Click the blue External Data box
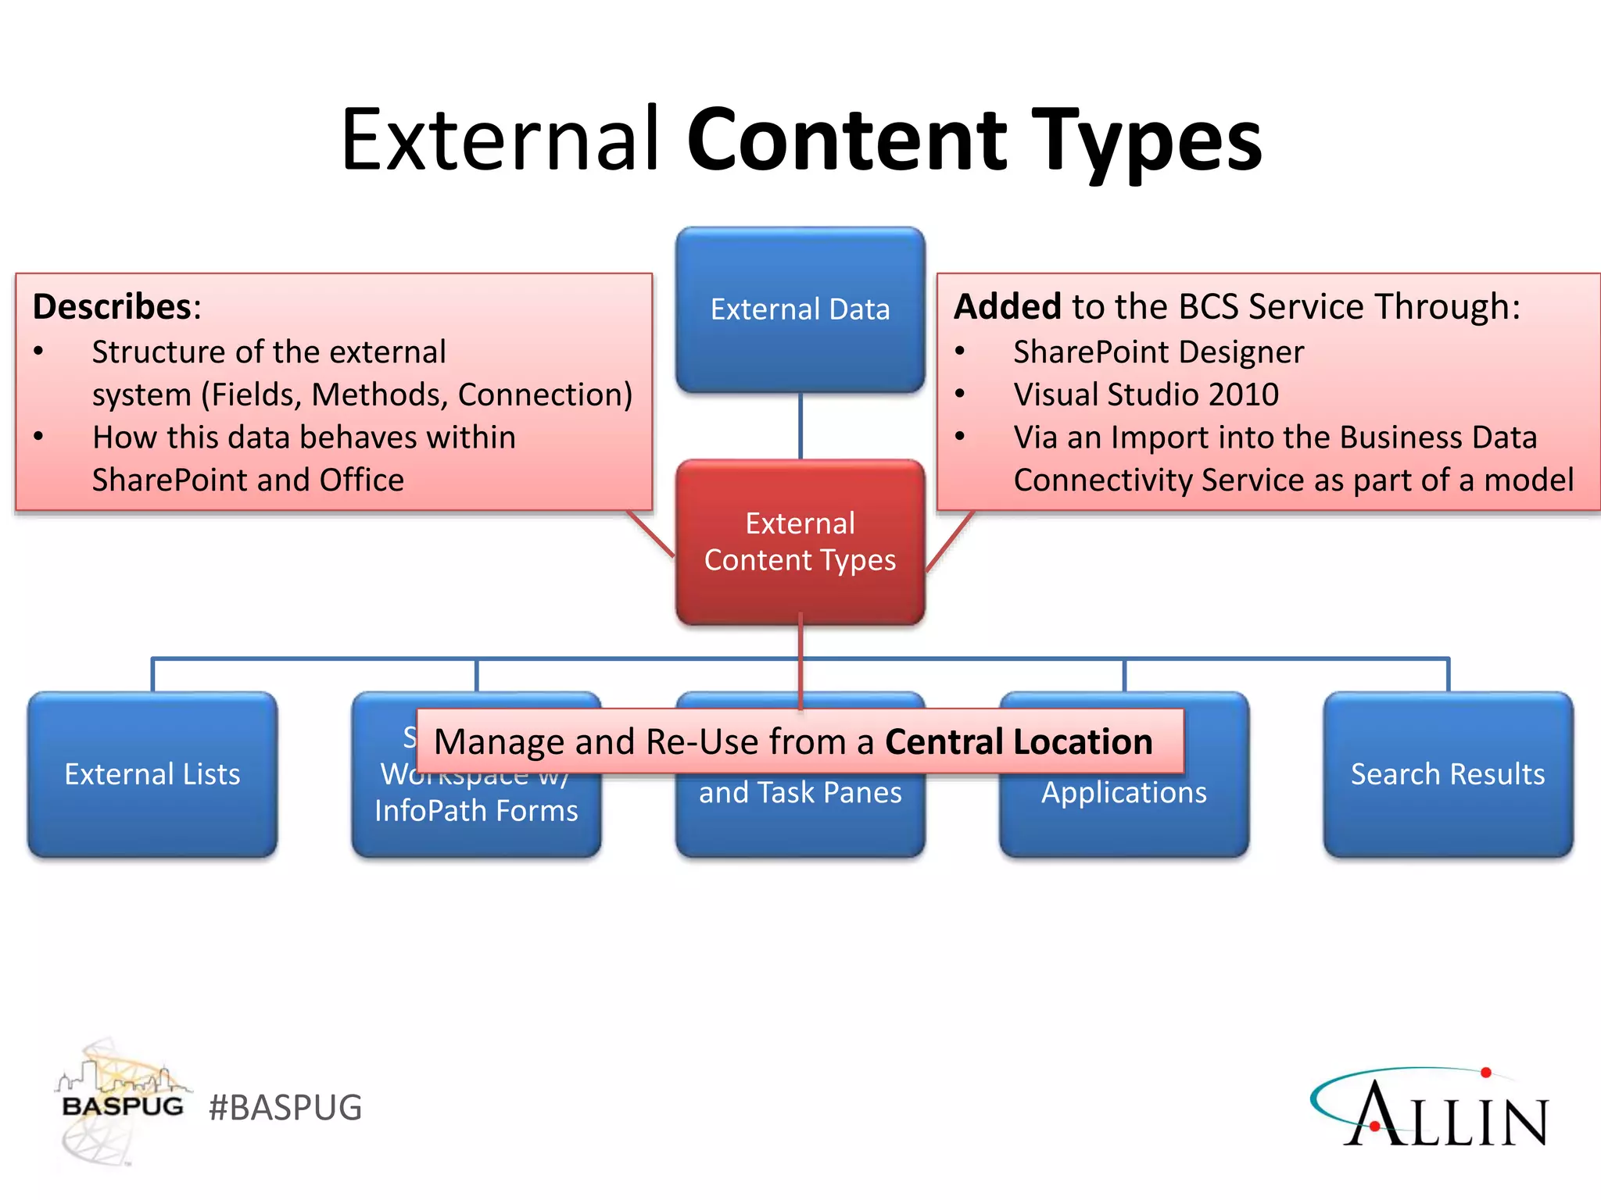coord(800,310)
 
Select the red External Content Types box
coord(800,541)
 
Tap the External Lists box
coord(152,774)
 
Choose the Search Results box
coord(1448,774)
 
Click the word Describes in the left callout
coord(112,306)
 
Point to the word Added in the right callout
coord(1007,306)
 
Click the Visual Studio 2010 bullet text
coord(1145,395)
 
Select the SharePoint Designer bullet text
coord(1158,352)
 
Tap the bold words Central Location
coord(1018,741)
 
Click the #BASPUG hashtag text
coord(285,1108)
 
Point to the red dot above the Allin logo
coord(1486,1073)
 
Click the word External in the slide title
coord(500,141)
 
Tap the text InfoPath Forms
coord(476,811)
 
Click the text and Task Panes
coord(800,793)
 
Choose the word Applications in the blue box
coord(1123,793)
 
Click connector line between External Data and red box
coord(800,426)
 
